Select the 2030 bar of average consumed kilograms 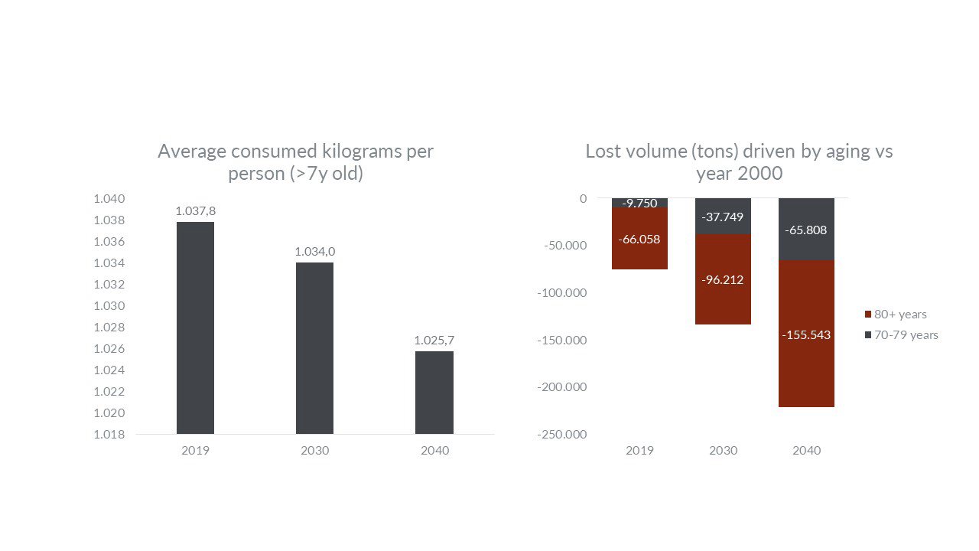[x=314, y=348]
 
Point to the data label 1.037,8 [x=195, y=210]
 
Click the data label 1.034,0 [x=314, y=251]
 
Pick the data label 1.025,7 [x=434, y=340]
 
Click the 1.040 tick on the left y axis [x=109, y=199]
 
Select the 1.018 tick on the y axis [x=109, y=435]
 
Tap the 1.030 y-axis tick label [x=109, y=306]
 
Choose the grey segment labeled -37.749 [x=723, y=216]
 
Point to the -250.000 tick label [x=562, y=435]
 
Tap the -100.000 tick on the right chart [x=562, y=293]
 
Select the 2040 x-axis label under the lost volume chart [x=806, y=450]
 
